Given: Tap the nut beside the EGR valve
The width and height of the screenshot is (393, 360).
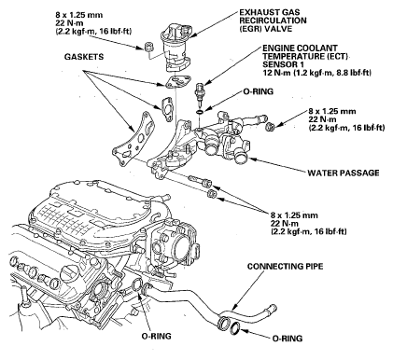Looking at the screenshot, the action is click(x=148, y=48).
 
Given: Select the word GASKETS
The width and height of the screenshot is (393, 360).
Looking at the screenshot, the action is click(x=84, y=57).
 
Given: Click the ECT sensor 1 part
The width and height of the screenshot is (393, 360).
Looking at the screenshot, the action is click(x=199, y=91).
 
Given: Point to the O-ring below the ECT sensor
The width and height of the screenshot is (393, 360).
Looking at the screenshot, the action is click(x=200, y=111).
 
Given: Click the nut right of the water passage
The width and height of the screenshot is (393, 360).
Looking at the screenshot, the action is click(x=271, y=127).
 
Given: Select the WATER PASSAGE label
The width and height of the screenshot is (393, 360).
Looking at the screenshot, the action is click(x=344, y=173).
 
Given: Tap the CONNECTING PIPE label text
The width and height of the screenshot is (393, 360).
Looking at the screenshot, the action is click(x=285, y=266).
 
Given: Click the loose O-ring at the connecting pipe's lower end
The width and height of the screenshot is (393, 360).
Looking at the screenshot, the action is click(x=235, y=328).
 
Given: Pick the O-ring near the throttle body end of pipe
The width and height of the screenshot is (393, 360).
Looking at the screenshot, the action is click(x=137, y=285).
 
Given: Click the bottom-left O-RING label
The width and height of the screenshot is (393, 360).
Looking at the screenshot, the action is click(x=156, y=336).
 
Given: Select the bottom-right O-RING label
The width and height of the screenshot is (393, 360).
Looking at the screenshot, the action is click(x=288, y=339).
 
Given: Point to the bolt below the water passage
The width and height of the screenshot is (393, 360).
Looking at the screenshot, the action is click(x=201, y=181).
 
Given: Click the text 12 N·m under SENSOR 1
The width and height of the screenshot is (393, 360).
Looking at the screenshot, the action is click(x=274, y=73).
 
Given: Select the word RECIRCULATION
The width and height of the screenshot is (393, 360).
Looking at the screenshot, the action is click(x=273, y=21).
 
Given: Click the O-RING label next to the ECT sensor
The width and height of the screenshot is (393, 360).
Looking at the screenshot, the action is click(x=258, y=91).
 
